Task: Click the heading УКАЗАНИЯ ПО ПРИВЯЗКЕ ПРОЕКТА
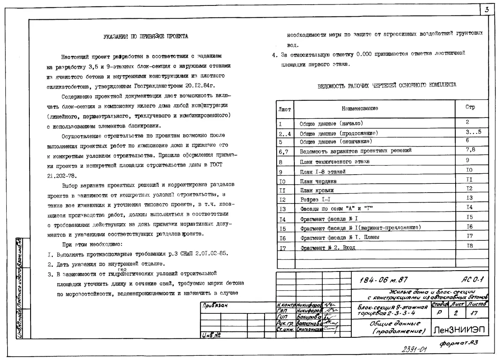[145, 37]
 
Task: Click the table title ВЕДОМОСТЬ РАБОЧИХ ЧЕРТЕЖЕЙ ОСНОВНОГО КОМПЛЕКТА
[387, 85]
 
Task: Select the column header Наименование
[360, 108]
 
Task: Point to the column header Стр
[470, 107]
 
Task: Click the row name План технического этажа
[335, 162]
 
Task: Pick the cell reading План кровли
[317, 190]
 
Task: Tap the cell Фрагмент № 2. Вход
[327, 248]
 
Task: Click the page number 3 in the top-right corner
[486, 10]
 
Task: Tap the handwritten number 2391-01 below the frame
[412, 349]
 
